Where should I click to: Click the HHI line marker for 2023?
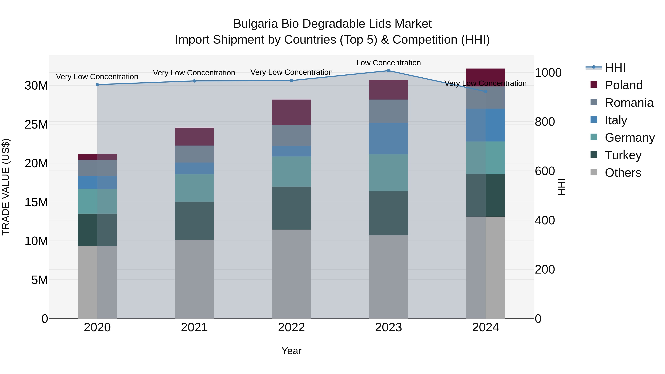pos(388,71)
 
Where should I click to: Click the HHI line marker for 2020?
pos(97,85)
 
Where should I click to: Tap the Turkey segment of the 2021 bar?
pos(194,221)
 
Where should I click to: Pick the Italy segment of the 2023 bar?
pos(388,139)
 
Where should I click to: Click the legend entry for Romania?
pos(629,103)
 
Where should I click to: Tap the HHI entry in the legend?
pos(615,68)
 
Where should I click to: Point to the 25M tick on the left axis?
pos(36,124)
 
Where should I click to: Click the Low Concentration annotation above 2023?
pos(388,63)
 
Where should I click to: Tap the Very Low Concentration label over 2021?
pos(194,73)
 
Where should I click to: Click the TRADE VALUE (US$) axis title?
pos(6,187)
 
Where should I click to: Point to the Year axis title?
pos(291,351)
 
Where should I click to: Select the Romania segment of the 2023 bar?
pos(388,111)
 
